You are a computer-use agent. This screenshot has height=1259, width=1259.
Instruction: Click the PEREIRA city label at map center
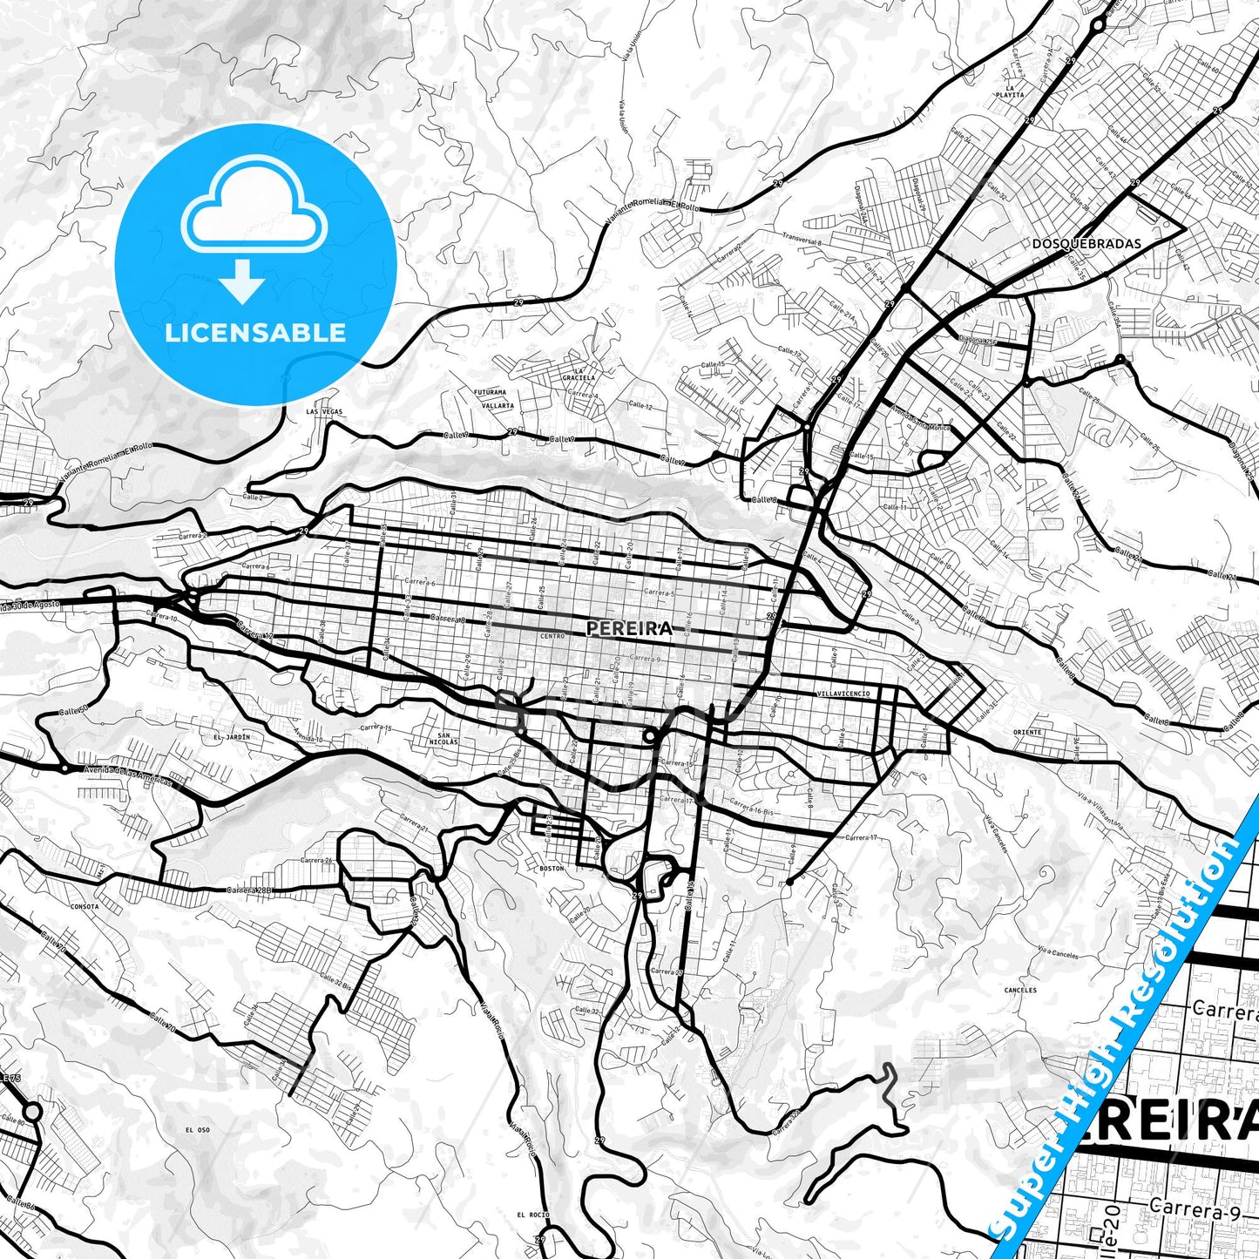click(x=629, y=628)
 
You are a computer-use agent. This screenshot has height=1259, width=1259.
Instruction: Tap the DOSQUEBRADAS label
click(x=1086, y=244)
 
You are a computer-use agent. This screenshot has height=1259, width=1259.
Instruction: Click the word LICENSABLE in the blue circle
click(x=255, y=333)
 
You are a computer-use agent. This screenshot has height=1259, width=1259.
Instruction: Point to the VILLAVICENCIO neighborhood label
click(x=843, y=694)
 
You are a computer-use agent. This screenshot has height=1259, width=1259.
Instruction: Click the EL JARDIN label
click(x=231, y=737)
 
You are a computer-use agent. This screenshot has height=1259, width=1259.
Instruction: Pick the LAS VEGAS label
click(x=324, y=411)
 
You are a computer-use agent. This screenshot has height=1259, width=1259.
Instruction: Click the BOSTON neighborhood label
click(x=552, y=869)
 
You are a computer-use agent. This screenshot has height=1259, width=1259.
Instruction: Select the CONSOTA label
click(x=84, y=906)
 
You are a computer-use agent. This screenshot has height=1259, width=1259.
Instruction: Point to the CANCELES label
click(x=1020, y=990)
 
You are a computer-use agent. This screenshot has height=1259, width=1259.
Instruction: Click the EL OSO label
click(x=198, y=1130)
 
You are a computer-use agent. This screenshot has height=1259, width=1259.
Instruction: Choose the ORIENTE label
click(x=1027, y=733)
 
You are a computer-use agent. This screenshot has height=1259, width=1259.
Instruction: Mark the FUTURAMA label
click(x=490, y=393)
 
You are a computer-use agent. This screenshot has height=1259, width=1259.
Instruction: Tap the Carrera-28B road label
click(x=250, y=890)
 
